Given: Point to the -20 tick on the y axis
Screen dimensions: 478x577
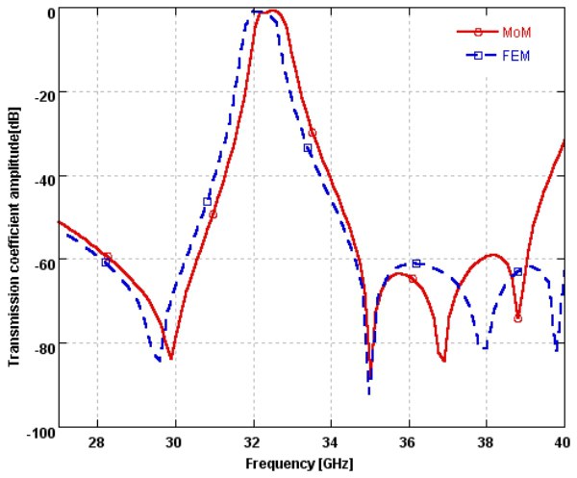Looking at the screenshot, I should (x=41, y=92).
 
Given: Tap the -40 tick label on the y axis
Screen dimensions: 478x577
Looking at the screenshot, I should (x=41, y=176).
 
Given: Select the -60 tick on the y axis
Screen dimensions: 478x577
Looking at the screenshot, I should (x=41, y=260).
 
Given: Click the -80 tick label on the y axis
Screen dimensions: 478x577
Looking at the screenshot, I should (x=41, y=343).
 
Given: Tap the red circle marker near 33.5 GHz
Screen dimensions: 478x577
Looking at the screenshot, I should (x=313, y=133).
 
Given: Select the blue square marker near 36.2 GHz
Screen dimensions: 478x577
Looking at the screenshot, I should (x=416, y=264).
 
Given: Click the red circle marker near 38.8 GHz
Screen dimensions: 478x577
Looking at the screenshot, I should (x=518, y=318).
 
